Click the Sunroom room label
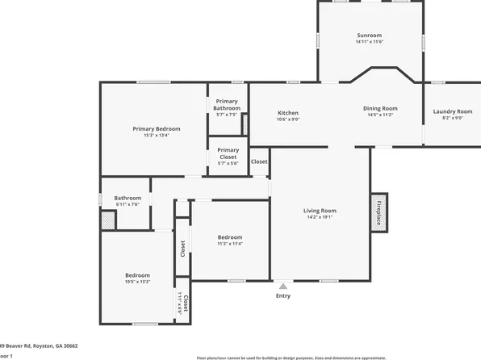370,36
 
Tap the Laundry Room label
452,111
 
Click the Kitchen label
288,112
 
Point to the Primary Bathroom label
227,104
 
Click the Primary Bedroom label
157,128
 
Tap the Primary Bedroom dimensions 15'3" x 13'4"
157,135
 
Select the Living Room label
320,211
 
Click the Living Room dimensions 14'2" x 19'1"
320,217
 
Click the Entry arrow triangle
282,285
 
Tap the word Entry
282,295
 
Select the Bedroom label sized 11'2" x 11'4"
230,237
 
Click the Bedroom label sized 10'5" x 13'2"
137,275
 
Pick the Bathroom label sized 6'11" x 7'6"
128,198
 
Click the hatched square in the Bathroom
107,220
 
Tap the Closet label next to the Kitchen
259,161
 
